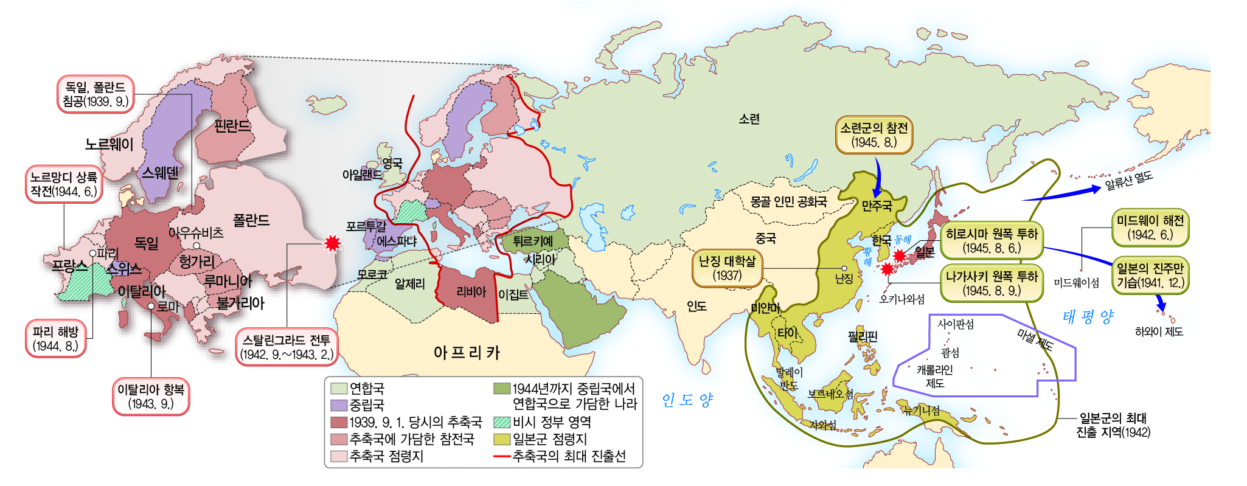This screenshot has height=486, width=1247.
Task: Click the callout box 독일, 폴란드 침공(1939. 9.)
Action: (96, 94)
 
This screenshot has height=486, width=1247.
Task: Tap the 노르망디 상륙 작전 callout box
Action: (64, 184)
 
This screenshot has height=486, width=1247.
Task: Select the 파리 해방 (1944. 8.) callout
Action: (55, 339)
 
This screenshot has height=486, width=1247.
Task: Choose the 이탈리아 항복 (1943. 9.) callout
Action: (151, 397)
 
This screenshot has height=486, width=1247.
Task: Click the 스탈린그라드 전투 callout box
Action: (286, 347)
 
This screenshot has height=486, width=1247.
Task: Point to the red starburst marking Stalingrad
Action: (332, 243)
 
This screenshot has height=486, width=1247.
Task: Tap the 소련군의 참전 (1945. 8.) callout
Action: (874, 135)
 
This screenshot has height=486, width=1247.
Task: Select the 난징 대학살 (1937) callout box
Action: (727, 268)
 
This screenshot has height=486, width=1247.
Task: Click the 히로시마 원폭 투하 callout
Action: (992, 241)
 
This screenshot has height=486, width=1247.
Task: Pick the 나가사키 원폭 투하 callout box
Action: (992, 283)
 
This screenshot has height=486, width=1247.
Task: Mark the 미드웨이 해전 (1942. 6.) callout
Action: (1150, 227)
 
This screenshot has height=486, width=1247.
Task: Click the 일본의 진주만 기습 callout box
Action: (1150, 276)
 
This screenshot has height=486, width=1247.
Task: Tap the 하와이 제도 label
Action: (1159, 332)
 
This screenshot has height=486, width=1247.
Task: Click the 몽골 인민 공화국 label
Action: (788, 201)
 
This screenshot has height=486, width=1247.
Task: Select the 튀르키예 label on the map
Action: (532, 241)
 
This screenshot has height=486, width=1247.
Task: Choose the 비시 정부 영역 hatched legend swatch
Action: (502, 422)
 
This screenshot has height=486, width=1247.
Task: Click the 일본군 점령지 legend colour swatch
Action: (502, 439)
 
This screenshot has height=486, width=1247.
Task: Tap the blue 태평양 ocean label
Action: (1088, 317)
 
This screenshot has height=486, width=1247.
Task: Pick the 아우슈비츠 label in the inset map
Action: (196, 232)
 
